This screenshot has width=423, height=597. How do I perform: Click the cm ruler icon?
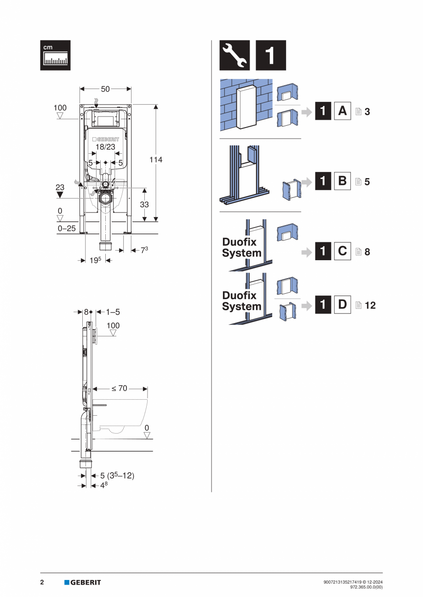point(55,55)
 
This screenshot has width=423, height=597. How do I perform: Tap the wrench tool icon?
point(234,55)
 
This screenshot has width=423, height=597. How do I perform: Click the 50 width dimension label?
point(105,89)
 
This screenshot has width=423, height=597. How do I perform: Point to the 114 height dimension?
point(156,160)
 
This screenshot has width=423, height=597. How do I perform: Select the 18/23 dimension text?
point(105,147)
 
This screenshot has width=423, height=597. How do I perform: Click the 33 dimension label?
point(144,205)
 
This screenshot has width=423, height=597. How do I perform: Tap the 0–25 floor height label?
point(67,228)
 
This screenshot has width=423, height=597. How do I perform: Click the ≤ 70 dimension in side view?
point(120,388)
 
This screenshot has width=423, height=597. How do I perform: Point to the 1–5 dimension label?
point(113,312)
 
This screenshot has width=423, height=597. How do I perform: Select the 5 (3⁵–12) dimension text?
point(117,476)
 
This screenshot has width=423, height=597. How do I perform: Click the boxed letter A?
point(342,111)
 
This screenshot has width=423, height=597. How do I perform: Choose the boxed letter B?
point(342,181)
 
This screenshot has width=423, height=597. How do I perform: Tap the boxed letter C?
point(342,251)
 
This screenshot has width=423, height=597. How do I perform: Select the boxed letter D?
point(342,305)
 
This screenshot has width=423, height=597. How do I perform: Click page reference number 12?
point(370,305)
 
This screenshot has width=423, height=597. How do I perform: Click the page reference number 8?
point(367,252)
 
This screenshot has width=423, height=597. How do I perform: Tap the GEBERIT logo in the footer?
point(83,582)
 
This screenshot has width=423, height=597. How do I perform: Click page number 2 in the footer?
point(42,582)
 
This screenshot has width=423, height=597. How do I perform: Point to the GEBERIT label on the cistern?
point(106,139)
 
